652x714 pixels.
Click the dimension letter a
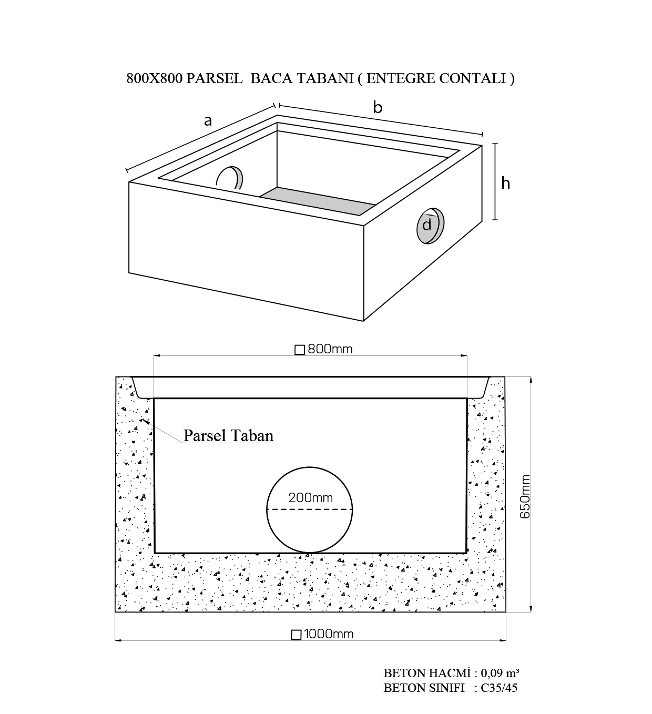(x=208, y=121)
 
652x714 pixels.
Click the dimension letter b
(x=378, y=107)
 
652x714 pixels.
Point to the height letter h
(x=506, y=183)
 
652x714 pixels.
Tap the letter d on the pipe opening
(x=426, y=225)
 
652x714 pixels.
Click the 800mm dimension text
(x=330, y=349)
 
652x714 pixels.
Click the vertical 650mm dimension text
(x=525, y=496)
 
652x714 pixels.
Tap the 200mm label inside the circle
(x=311, y=497)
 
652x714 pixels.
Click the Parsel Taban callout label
(x=228, y=435)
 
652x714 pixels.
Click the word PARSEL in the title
(x=215, y=78)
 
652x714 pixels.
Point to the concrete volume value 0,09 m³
(x=500, y=673)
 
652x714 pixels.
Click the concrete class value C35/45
(x=499, y=688)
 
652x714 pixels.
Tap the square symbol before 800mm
(x=300, y=350)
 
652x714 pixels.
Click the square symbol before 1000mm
(x=296, y=635)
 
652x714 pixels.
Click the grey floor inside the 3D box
(x=318, y=201)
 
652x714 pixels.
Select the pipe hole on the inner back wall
(x=230, y=178)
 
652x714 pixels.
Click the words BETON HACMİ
(x=427, y=673)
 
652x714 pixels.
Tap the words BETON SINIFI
(x=424, y=688)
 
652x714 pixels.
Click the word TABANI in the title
(x=325, y=78)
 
